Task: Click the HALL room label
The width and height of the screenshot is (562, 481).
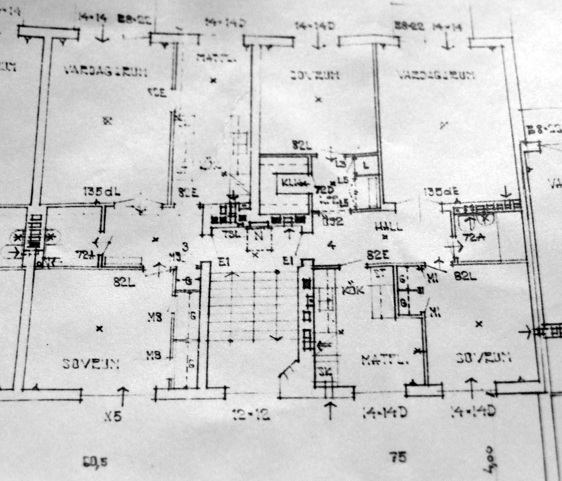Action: (388, 227)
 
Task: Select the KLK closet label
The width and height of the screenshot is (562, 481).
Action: (292, 183)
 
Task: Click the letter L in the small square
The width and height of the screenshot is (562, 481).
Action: (366, 166)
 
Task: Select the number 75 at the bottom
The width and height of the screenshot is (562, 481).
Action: (398, 458)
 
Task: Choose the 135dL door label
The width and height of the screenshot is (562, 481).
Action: (102, 193)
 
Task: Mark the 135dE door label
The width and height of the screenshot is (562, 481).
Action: (441, 192)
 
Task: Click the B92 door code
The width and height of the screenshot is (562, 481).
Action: (333, 221)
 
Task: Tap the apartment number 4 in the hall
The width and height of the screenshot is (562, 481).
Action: (331, 246)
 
